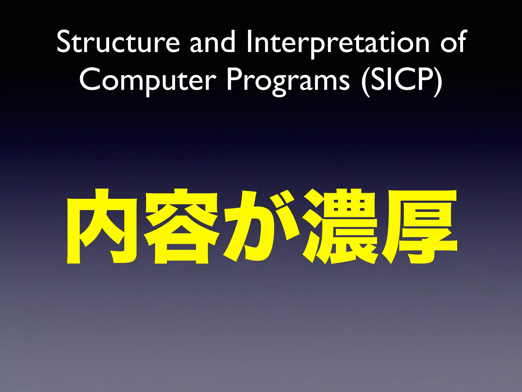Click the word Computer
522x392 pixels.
point(148,80)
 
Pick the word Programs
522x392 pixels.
point(288,80)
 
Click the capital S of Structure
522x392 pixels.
point(63,42)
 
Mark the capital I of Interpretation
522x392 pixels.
point(250,42)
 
